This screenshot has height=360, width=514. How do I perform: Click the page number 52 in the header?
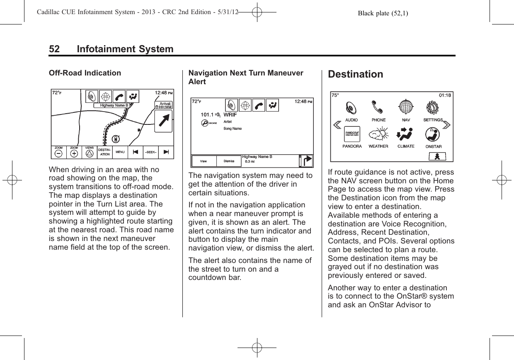click(54, 49)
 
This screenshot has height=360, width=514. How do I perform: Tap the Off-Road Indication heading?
click(85, 73)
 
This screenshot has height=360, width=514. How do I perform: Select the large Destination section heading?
click(356, 75)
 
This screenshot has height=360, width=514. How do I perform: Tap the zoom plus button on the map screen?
click(74, 153)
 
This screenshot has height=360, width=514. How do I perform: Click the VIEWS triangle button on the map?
click(89, 153)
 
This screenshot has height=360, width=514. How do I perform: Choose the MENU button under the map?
click(120, 152)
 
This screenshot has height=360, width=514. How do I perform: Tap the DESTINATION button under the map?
click(104, 152)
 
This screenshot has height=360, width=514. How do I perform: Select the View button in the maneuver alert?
click(204, 161)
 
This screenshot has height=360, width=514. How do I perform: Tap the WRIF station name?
click(230, 114)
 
